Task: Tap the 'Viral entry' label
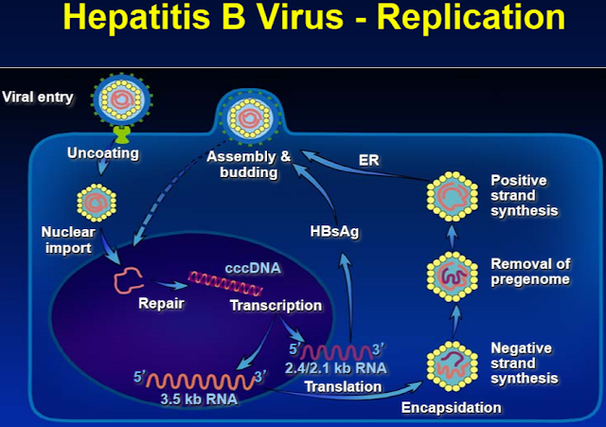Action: (x=40, y=96)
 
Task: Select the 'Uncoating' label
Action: (x=104, y=152)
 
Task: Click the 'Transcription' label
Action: (x=276, y=306)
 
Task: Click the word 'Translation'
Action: (x=344, y=386)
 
